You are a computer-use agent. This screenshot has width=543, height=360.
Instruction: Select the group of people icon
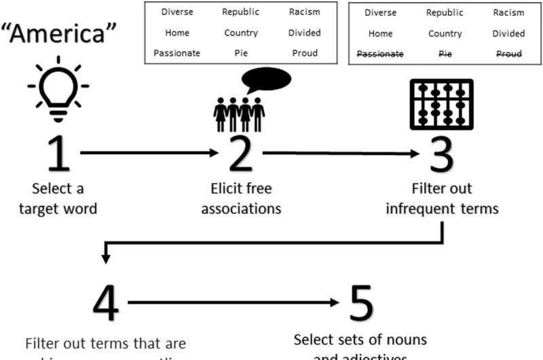coord(238,113)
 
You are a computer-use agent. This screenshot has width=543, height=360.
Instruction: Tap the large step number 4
coord(105,304)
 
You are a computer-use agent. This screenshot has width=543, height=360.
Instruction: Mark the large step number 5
coord(360,304)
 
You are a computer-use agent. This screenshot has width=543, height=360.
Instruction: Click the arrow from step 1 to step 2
coord(147,153)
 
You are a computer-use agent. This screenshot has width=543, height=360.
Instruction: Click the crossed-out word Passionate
coord(381,54)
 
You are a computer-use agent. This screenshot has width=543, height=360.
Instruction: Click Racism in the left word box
coord(304,12)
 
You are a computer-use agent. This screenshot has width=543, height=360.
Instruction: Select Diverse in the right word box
coord(381,13)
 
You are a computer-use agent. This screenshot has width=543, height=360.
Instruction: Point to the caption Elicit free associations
coord(241,198)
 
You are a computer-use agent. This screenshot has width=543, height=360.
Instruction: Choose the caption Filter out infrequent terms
coord(442,198)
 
